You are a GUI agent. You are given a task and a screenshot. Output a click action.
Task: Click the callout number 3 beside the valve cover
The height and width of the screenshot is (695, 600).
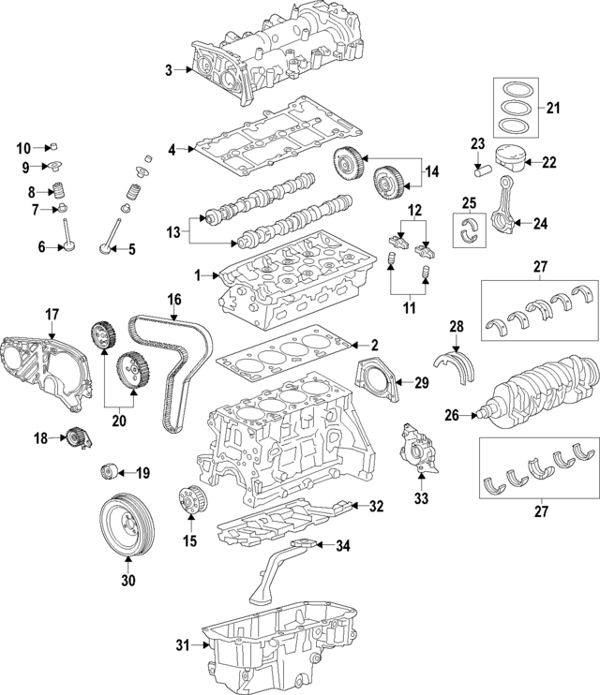point(169,70)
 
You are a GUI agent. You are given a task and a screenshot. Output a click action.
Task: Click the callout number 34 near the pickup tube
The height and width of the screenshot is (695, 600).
point(343,545)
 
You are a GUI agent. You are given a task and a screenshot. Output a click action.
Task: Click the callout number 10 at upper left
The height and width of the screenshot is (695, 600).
point(24,147)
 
